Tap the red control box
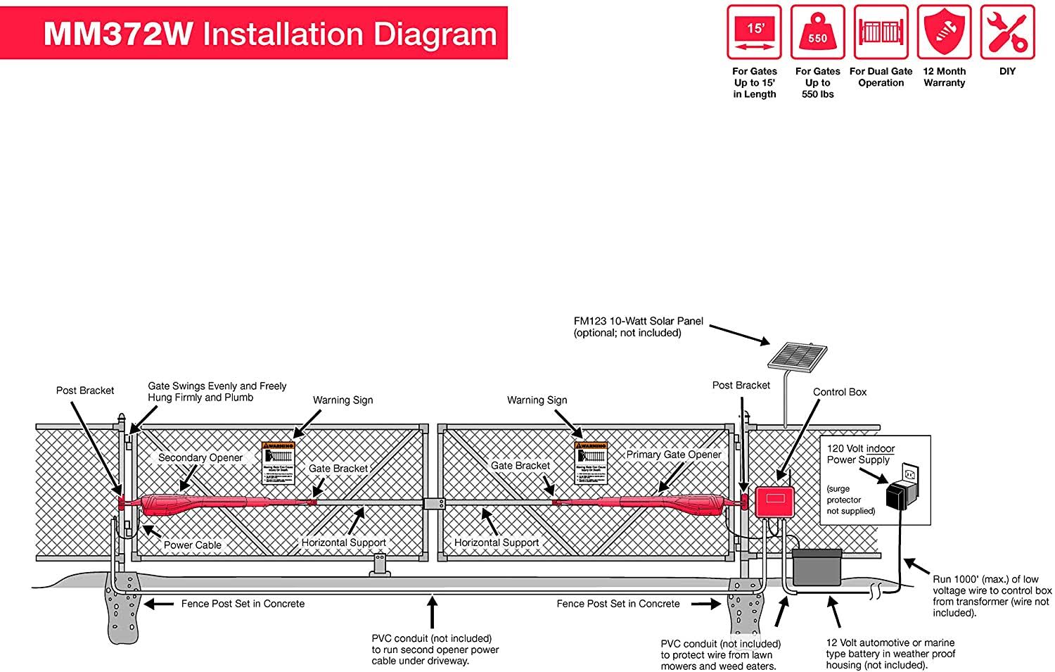point(774,502)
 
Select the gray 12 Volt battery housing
point(817,568)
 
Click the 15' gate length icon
point(754,32)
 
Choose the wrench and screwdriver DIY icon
point(1007,32)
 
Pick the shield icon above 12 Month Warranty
point(944,32)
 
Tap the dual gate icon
point(881,32)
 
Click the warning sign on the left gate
point(278,462)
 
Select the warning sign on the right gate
point(591,462)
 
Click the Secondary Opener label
point(200,457)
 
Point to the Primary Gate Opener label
point(674,455)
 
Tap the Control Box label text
point(840,392)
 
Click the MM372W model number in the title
point(118,34)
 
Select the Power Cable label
point(192,545)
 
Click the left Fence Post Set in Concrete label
point(243,604)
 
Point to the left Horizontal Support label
point(343,543)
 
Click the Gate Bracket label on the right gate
point(520,465)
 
